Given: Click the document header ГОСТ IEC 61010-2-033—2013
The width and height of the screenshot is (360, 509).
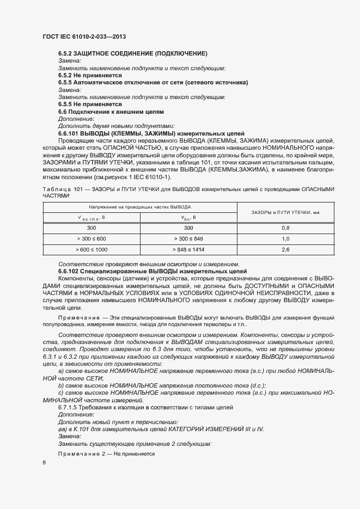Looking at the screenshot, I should pyautogui.click(x=84, y=36).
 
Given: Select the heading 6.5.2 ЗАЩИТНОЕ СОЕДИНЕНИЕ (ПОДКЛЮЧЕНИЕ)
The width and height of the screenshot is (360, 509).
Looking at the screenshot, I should pyautogui.click(x=132, y=53).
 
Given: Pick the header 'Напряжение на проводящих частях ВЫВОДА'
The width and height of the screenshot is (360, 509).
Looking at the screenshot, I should pyautogui.click(x=140, y=207).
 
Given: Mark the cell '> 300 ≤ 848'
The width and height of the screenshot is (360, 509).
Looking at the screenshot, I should pyautogui.click(x=188, y=239).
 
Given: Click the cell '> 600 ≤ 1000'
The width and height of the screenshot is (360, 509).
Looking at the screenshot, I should pyautogui.click(x=91, y=250).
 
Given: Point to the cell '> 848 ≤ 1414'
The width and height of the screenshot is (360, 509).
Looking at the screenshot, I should pyautogui.click(x=188, y=250).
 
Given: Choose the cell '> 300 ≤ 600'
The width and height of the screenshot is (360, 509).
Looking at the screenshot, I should pyautogui.click(x=91, y=239).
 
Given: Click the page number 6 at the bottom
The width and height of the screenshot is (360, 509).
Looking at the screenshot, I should pyautogui.click(x=44, y=463).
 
